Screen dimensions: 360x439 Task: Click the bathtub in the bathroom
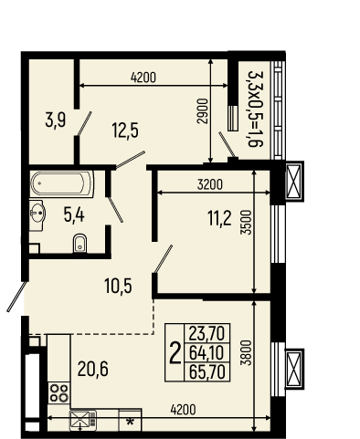pos(62,184)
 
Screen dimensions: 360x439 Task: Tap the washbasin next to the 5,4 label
pos(37,214)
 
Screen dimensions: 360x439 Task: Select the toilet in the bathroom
pos(80,243)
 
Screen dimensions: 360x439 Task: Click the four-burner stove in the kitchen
pos(59,393)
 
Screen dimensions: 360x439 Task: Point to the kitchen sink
pos(82,420)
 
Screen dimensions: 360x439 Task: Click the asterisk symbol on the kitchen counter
pos(131,422)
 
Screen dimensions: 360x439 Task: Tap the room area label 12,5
pos(125,130)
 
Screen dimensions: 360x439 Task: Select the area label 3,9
pos(56,120)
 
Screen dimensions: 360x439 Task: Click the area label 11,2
pos(219,218)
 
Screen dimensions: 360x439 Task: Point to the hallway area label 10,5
pos(118,286)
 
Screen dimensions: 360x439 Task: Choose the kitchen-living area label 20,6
pos(93,369)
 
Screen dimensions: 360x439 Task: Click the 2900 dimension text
pos(202,111)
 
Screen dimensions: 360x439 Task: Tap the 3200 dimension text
pos(210,184)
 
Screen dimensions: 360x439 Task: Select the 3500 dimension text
pos(247,223)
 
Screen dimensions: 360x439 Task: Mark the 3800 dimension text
pos(247,352)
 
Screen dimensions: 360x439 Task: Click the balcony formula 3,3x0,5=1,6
pos(255,110)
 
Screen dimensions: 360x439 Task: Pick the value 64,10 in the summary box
pos(206,353)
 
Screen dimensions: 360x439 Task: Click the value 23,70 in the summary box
pos(206,333)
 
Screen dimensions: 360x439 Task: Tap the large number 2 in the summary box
pos(175,353)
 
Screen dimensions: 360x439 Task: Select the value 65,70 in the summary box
pos(207,371)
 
